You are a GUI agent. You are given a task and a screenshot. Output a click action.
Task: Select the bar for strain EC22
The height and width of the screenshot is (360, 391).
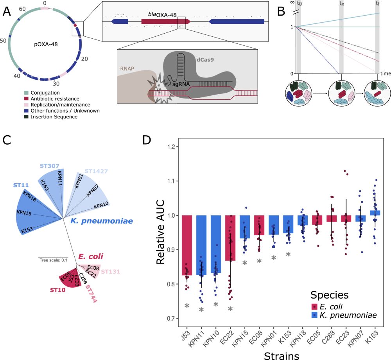[x=230, y=238]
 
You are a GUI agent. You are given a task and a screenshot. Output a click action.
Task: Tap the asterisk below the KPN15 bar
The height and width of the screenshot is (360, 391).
[x=245, y=263]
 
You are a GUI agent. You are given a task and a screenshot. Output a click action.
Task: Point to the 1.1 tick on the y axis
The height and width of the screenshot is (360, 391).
[x=172, y=181]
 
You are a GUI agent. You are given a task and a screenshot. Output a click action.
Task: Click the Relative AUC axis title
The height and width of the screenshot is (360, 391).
[x=160, y=232]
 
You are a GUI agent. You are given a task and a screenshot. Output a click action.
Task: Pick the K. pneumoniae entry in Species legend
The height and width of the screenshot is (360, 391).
[x=344, y=315]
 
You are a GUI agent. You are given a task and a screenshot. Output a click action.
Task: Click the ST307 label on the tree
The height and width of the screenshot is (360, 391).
[x=50, y=166]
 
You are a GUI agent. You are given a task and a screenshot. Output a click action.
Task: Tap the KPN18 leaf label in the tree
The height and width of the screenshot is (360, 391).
[x=29, y=196]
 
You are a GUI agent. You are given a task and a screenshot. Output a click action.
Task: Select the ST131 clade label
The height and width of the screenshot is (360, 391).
[x=111, y=272]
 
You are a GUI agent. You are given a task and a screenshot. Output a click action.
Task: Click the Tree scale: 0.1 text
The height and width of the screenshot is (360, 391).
[x=53, y=260]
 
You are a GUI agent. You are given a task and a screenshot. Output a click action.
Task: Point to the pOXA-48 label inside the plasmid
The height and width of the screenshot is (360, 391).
[x=46, y=45]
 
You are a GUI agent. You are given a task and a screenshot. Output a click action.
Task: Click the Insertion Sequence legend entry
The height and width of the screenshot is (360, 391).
[x=51, y=116]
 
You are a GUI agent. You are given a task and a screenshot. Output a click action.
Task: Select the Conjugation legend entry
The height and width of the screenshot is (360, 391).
[x=42, y=93]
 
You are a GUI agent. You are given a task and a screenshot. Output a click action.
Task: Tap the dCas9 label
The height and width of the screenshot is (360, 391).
[x=205, y=60]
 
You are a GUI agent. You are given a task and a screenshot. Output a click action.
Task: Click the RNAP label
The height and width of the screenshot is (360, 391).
[x=127, y=68]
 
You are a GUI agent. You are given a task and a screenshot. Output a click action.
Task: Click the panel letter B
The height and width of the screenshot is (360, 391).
[x=281, y=11]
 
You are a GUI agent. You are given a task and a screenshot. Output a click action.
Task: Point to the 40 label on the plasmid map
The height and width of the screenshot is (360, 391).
[x=17, y=76]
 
